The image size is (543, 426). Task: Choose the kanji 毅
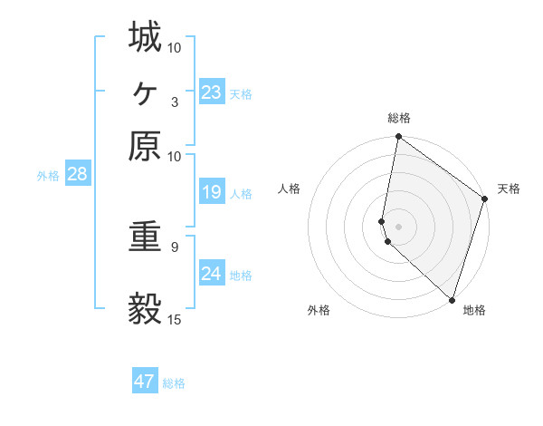coord(144,309)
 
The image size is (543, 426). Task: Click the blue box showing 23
coord(211,92)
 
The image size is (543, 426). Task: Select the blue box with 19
coord(211,192)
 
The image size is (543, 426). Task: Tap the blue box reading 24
coord(211,273)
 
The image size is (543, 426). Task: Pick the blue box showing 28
coord(77,174)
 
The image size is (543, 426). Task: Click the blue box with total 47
coord(145,382)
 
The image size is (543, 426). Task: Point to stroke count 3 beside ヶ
coord(174,102)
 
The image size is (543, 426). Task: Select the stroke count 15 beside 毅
coord(175,319)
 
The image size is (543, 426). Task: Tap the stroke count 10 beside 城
coord(175,46)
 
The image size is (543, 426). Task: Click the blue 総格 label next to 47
coord(174,383)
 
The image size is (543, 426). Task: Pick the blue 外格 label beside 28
coord(47,176)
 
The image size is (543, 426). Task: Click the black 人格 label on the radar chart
coord(290,189)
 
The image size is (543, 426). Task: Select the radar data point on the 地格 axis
coord(452,299)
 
